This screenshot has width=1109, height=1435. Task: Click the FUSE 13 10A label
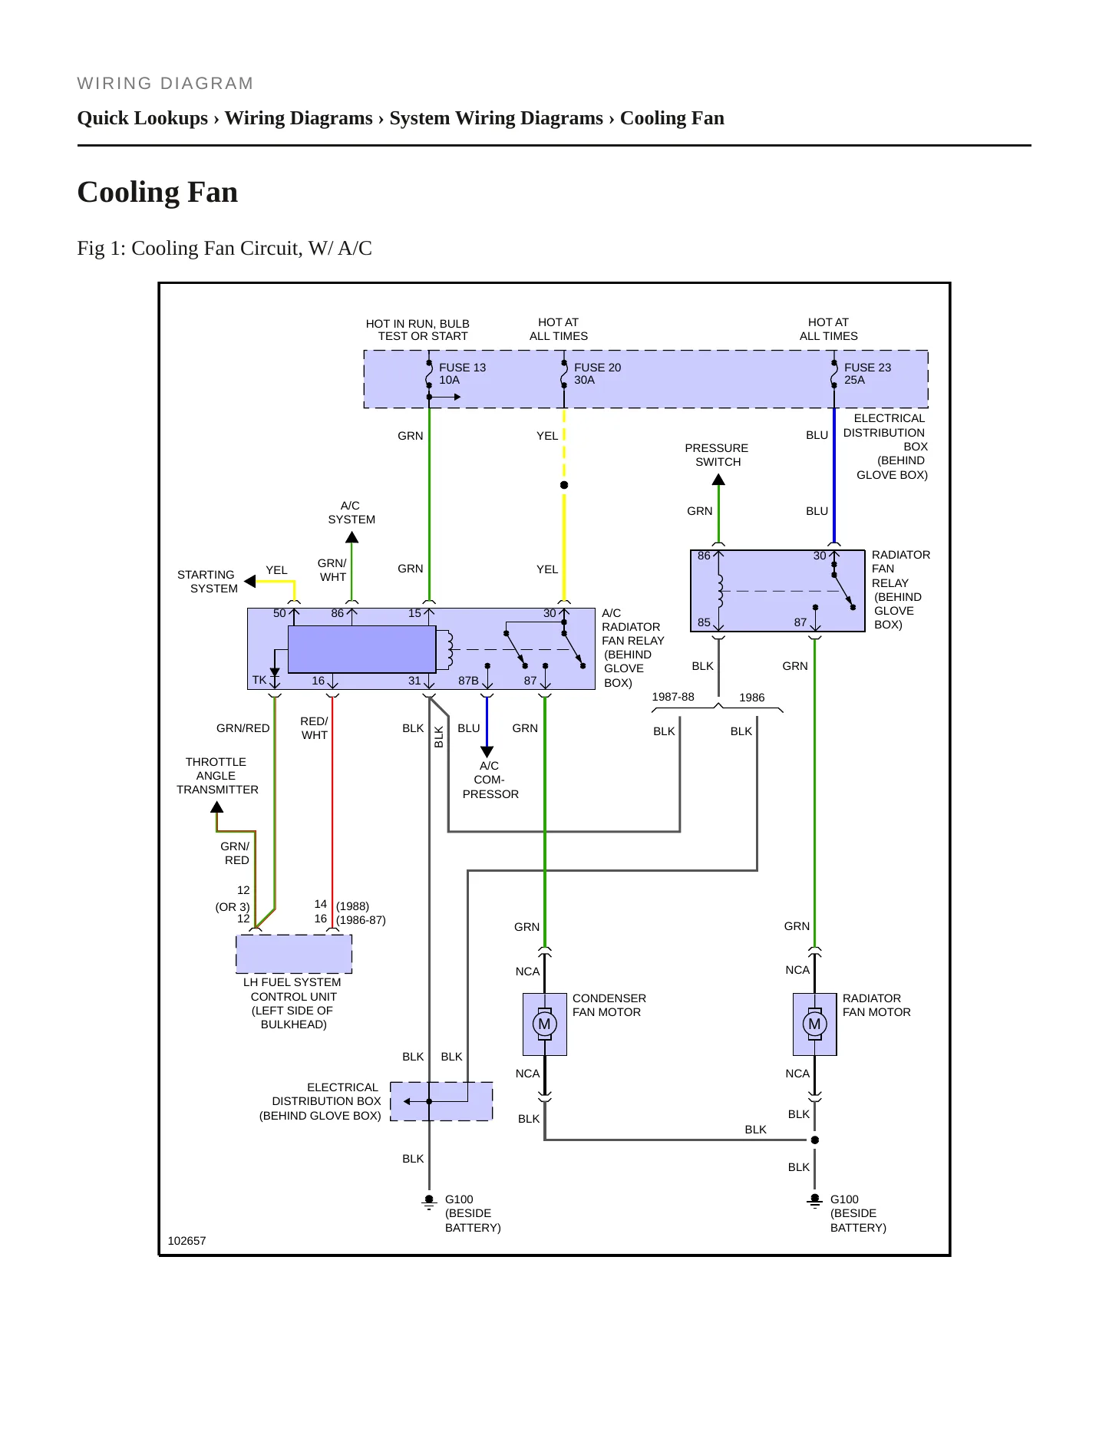click(x=462, y=374)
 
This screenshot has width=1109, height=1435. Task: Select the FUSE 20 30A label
click(x=597, y=374)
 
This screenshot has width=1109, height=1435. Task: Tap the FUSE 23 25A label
click(x=867, y=374)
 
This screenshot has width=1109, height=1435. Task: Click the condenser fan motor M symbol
click(x=544, y=1024)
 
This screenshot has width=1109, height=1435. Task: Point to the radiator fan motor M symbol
click(x=814, y=1024)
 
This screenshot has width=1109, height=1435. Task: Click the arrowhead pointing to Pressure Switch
click(x=718, y=480)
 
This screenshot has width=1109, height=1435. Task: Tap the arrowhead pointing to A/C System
click(x=352, y=537)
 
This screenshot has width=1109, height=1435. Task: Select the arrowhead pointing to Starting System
click(x=249, y=581)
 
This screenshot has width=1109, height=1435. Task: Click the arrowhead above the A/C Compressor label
click(x=487, y=752)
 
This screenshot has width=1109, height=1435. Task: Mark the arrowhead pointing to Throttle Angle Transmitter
click(x=217, y=807)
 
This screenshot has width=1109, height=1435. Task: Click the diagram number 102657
click(x=186, y=1241)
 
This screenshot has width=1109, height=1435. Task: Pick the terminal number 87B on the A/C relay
click(x=468, y=681)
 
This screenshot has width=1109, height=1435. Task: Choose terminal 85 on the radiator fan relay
click(x=704, y=622)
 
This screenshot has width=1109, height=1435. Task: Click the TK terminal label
click(x=259, y=680)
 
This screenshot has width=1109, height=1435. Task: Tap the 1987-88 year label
click(x=673, y=697)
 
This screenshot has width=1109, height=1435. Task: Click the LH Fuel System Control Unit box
click(x=294, y=954)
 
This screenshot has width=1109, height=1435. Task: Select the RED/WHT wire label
click(x=314, y=728)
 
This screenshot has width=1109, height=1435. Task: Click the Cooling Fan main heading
click(x=157, y=192)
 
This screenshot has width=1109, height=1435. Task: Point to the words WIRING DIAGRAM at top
click(x=165, y=84)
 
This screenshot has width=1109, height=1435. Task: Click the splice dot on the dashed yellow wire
click(x=564, y=485)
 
